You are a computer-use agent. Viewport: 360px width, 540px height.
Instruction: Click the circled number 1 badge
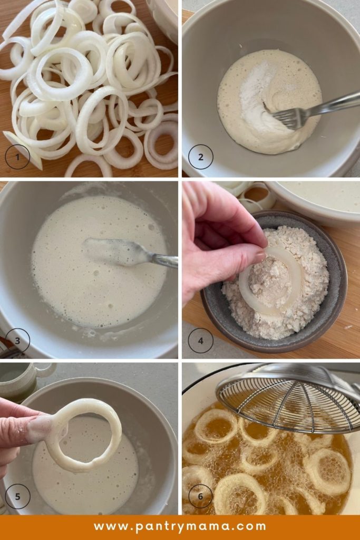[17, 157]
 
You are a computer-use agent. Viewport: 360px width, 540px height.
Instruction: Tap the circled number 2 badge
[200, 157]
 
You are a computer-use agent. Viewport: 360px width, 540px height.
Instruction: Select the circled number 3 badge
[17, 341]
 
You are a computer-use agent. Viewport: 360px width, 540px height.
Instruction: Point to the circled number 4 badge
[200, 341]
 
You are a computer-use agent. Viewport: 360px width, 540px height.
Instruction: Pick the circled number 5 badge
[17, 496]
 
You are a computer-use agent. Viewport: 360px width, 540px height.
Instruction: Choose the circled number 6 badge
[200, 496]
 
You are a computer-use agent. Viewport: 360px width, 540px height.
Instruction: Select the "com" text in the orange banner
[252, 526]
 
